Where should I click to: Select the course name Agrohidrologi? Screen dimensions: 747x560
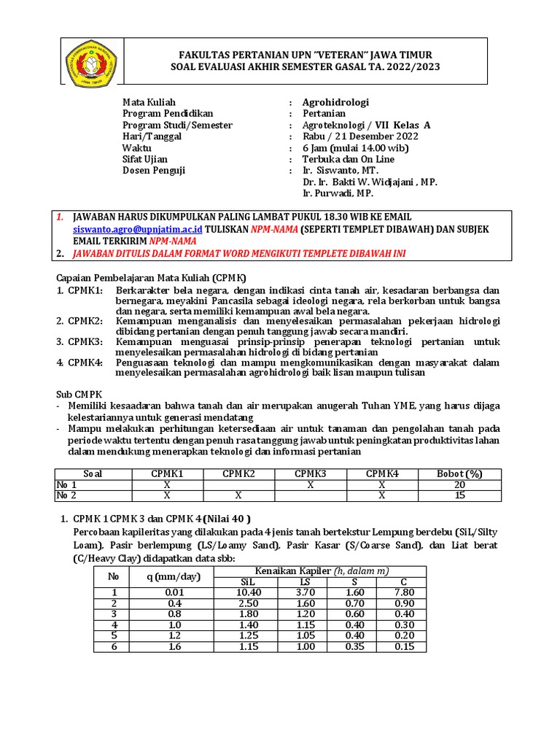click(335, 103)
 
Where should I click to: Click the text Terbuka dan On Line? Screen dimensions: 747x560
click(348, 159)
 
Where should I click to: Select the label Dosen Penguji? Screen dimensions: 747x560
click(154, 171)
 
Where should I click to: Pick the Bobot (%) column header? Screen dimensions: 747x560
click(459, 473)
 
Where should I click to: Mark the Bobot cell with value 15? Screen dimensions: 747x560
click(459, 495)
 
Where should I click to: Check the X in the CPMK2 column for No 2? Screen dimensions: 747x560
click(238, 495)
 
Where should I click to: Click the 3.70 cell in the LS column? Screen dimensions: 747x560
click(305, 593)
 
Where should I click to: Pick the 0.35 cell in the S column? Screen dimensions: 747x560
click(355, 647)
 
